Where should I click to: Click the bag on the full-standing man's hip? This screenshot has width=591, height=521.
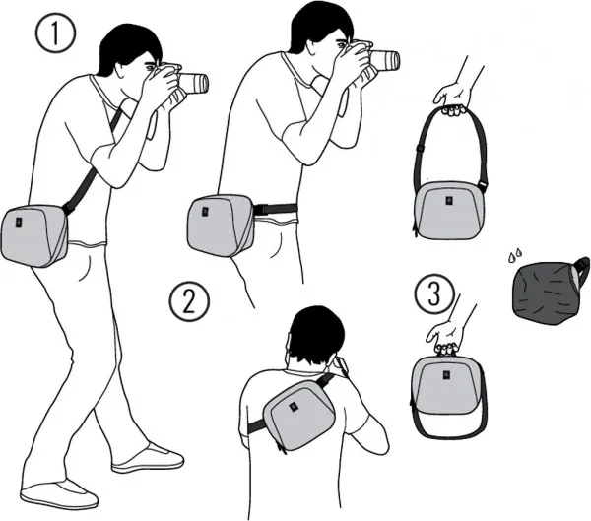(x=34, y=235)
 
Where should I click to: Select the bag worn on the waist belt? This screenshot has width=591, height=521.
(x=220, y=225)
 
